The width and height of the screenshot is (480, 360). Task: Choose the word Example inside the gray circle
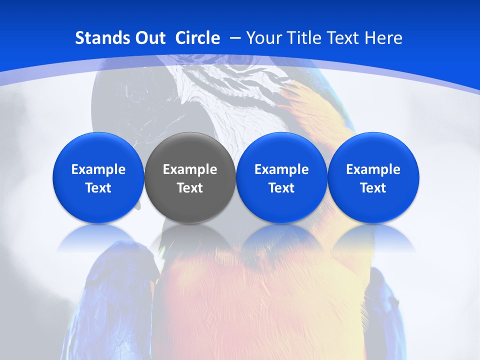190,169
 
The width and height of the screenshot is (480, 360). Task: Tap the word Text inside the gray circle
190,188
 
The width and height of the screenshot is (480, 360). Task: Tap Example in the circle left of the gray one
98,169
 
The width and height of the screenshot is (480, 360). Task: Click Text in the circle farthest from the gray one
373,188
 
